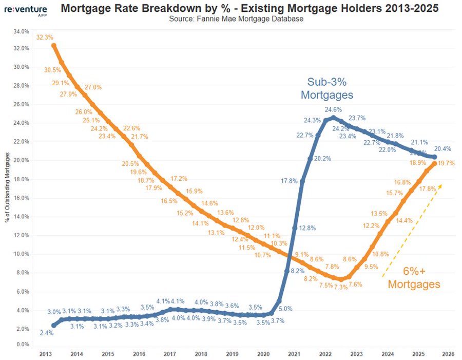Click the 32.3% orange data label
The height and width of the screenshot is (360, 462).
[45, 37]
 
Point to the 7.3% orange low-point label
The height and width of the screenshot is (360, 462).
[340, 287]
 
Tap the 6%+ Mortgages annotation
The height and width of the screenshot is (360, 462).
[414, 277]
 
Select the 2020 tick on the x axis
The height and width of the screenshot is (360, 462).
[263, 354]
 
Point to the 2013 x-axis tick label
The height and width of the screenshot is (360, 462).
[45, 354]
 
